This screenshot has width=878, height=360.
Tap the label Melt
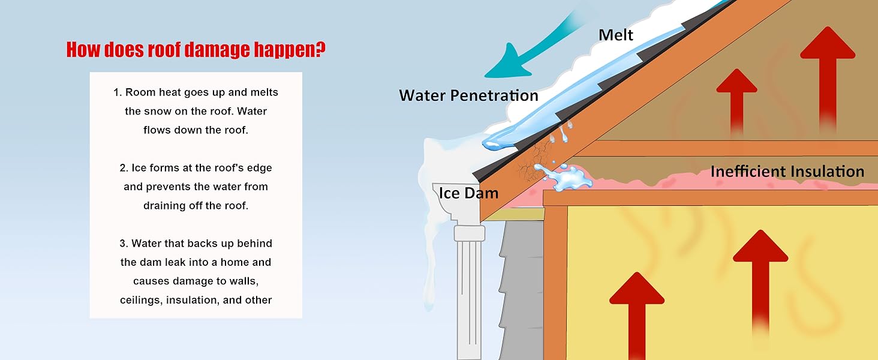pyautogui.click(x=615, y=35)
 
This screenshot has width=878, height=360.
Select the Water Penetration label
pyautogui.click(x=468, y=95)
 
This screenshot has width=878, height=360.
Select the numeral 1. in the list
pyautogui.click(x=118, y=92)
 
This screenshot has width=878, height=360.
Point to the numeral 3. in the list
pyautogui.click(x=124, y=244)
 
